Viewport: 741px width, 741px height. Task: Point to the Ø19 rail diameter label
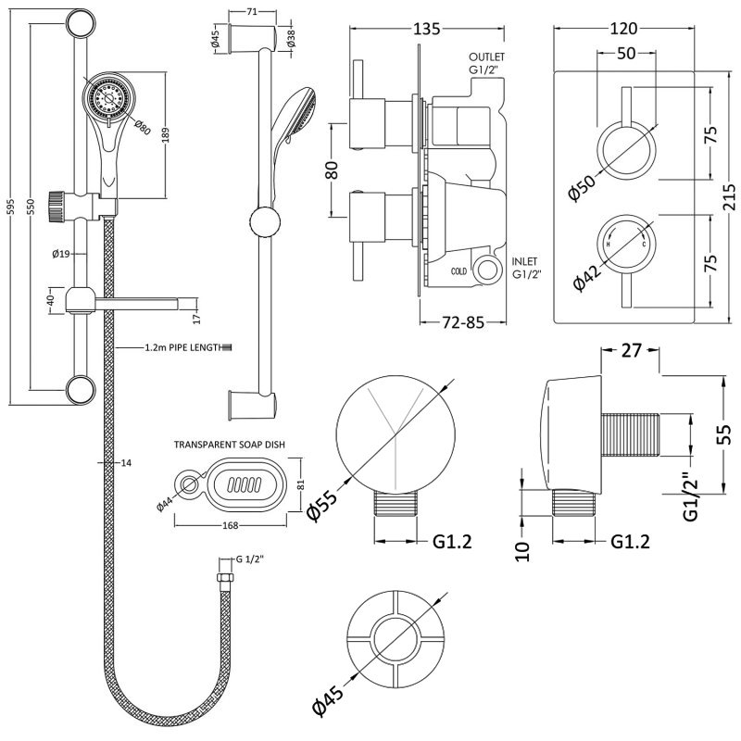(63, 253)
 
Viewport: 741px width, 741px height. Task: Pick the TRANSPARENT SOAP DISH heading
(229, 445)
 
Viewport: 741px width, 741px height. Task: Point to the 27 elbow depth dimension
(631, 351)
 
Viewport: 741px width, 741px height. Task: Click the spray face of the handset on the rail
(102, 97)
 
